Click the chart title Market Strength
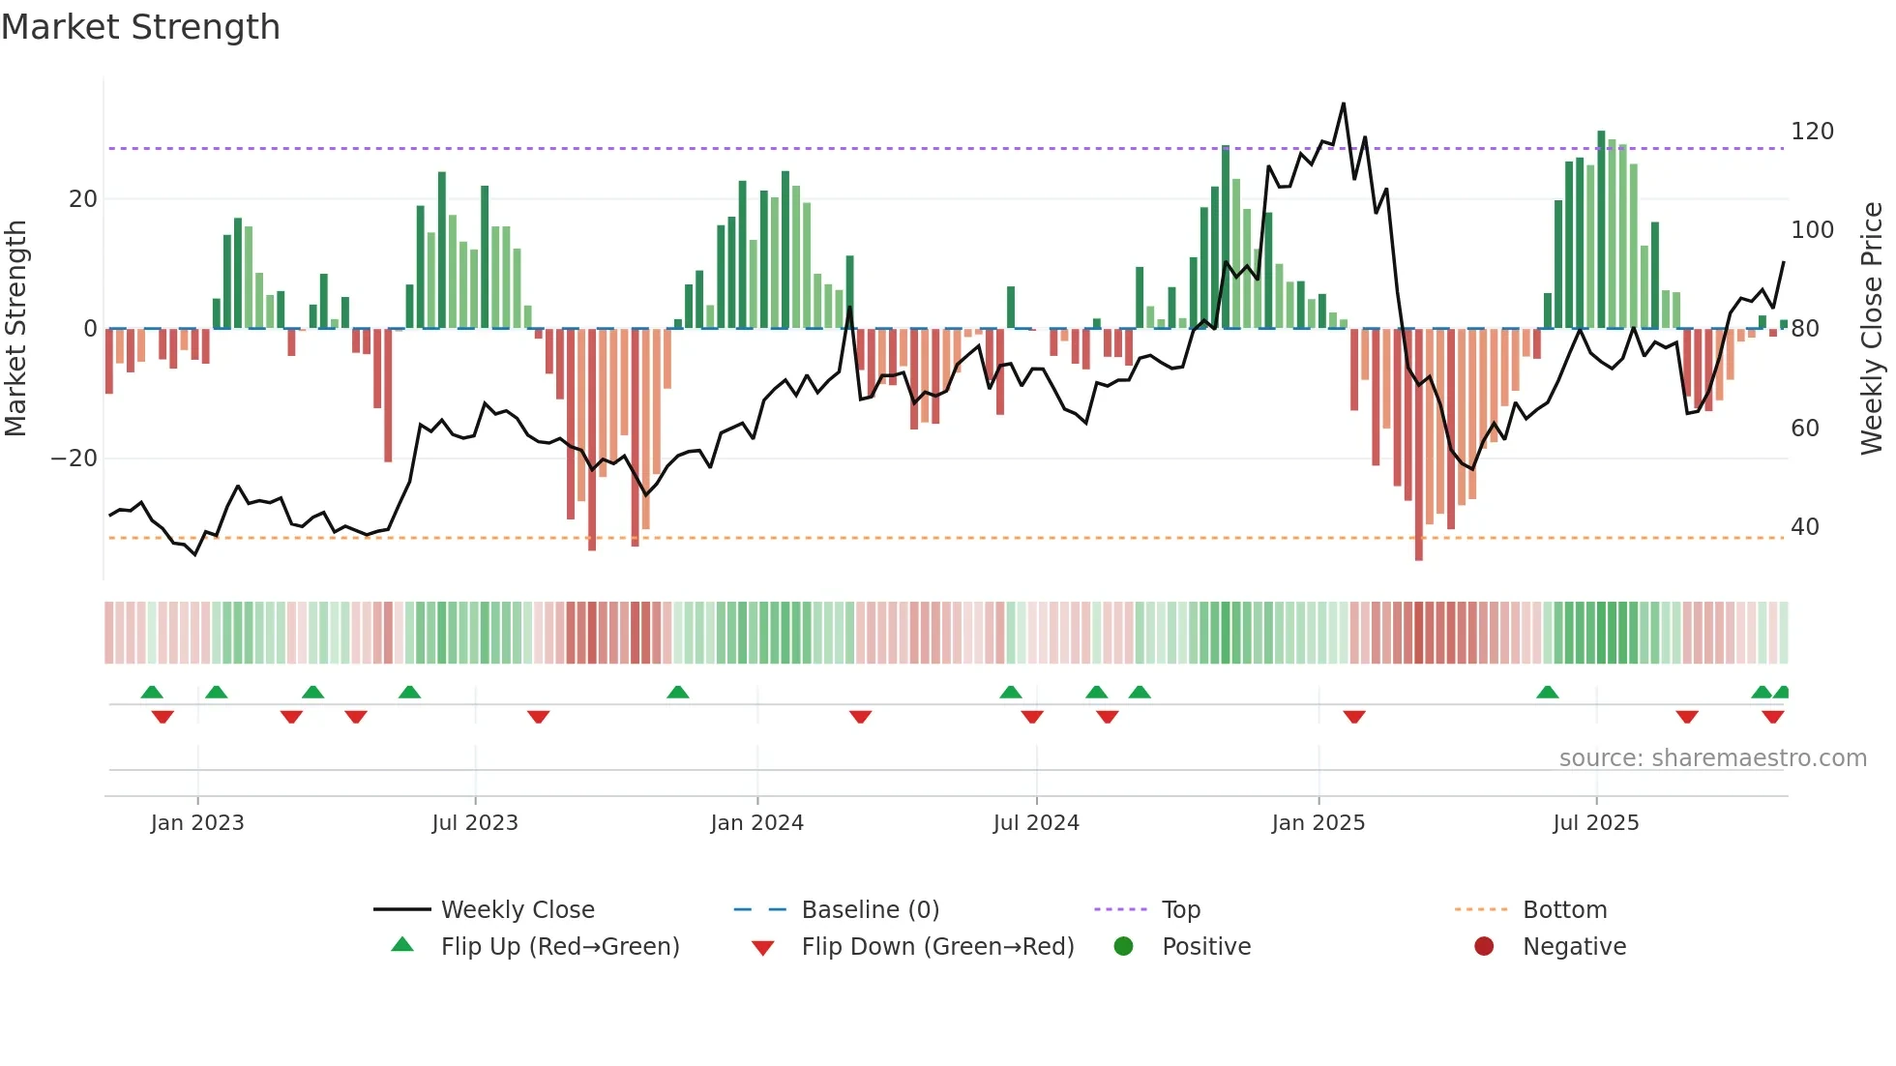(x=140, y=27)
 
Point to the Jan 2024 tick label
(x=756, y=823)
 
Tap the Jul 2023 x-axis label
(x=475, y=823)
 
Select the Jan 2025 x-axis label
(x=1318, y=823)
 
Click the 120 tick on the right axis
(x=1812, y=132)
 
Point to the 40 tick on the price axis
(x=1805, y=527)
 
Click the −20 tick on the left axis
(x=74, y=459)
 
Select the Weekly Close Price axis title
(x=1872, y=329)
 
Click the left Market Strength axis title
(x=16, y=329)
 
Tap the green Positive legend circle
(x=1123, y=946)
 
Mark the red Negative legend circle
(x=1484, y=946)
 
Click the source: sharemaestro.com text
(x=1712, y=758)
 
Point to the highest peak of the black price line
(x=1344, y=104)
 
